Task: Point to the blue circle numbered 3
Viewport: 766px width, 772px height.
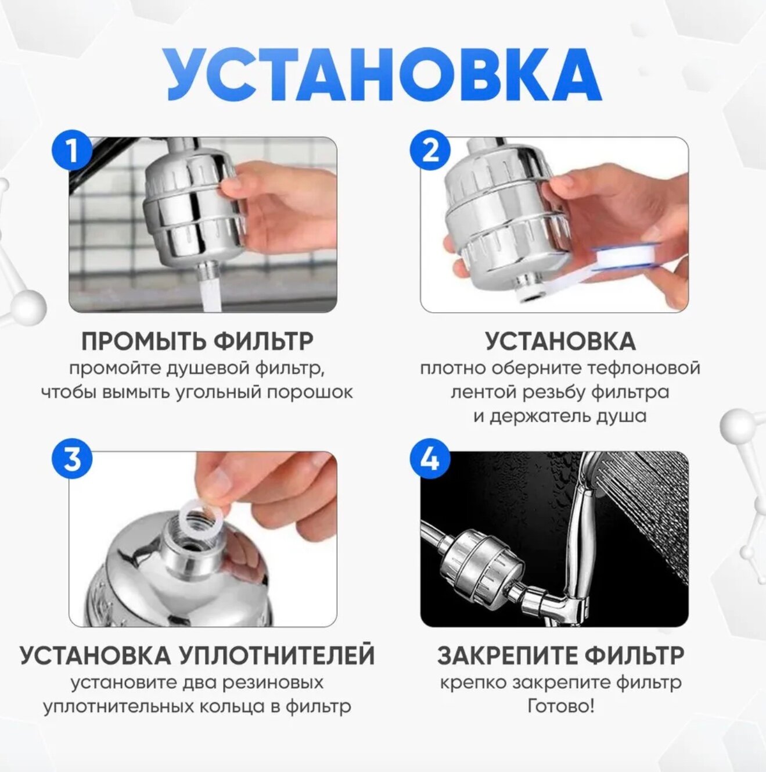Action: (73, 459)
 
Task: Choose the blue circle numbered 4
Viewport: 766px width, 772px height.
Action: (430, 459)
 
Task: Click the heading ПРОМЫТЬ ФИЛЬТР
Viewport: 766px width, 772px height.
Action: (197, 342)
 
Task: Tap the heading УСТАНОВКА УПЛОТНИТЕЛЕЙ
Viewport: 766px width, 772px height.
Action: (197, 656)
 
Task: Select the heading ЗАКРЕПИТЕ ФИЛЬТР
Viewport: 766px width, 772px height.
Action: (560, 656)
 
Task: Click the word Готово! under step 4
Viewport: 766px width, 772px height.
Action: (560, 706)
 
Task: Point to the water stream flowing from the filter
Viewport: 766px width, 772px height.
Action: (212, 294)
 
